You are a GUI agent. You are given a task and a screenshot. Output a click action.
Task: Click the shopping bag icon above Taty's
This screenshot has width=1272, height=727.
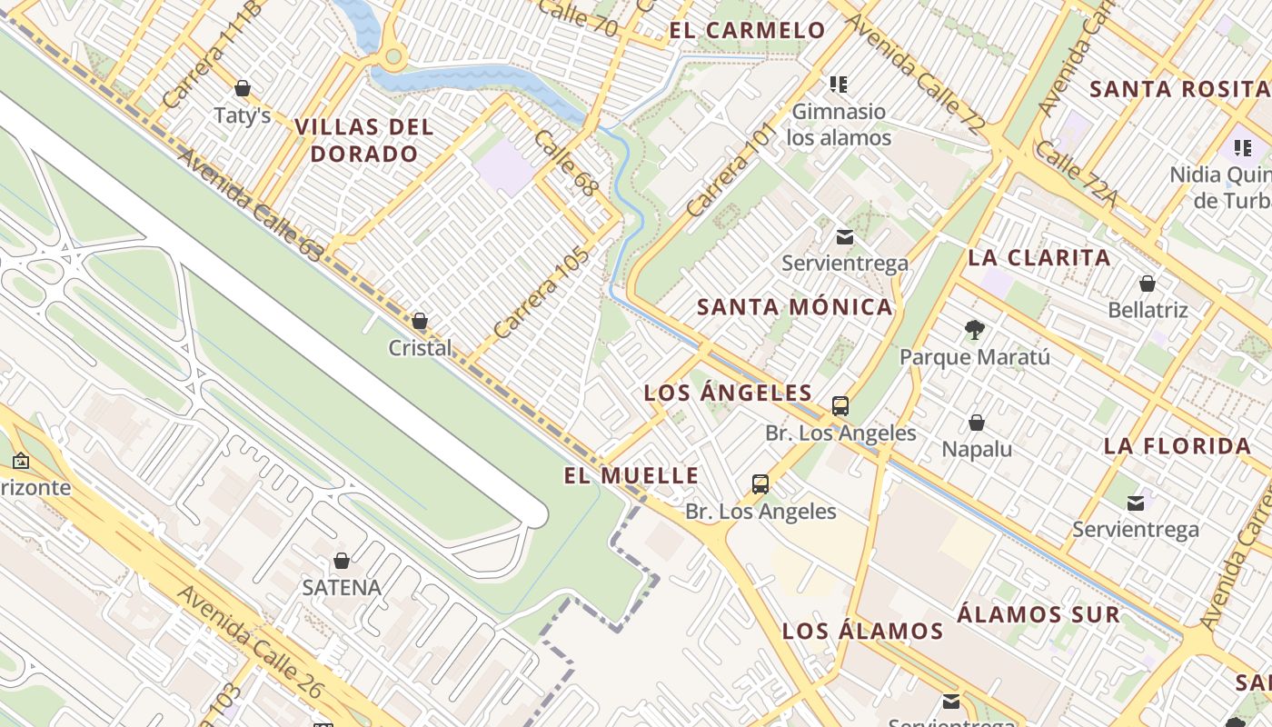point(243,88)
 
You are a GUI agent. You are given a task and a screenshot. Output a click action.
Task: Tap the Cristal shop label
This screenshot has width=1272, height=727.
point(420,348)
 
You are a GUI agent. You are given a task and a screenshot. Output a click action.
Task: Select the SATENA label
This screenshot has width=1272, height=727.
point(342,587)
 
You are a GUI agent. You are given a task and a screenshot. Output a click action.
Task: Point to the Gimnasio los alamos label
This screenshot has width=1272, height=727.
point(839,124)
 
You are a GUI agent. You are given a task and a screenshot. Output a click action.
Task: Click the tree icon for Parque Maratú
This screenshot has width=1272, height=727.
point(975,329)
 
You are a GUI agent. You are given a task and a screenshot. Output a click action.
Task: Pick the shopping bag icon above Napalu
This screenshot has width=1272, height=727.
point(977,423)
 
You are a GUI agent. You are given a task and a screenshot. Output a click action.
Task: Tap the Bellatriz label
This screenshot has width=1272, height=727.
point(1148,310)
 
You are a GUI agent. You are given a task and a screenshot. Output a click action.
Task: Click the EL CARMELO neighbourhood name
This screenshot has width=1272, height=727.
point(748,30)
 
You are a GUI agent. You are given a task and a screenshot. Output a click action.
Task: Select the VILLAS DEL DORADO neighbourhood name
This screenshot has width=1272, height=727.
point(364,140)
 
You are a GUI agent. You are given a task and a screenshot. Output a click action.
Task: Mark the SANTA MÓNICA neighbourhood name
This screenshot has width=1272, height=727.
point(795,307)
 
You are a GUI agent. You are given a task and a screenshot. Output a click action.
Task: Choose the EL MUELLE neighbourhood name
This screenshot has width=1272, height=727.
point(631,475)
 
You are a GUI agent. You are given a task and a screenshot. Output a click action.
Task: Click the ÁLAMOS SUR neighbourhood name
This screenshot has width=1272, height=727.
point(1038,614)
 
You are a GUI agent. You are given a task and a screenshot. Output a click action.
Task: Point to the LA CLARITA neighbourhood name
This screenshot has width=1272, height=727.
point(1039,257)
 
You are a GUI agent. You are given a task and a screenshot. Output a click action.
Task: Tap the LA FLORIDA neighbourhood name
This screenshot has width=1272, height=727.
point(1178,446)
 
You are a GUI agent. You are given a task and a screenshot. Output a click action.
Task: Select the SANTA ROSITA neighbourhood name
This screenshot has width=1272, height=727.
point(1179,89)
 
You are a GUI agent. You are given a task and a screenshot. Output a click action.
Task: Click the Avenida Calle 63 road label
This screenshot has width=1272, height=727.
point(249,205)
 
